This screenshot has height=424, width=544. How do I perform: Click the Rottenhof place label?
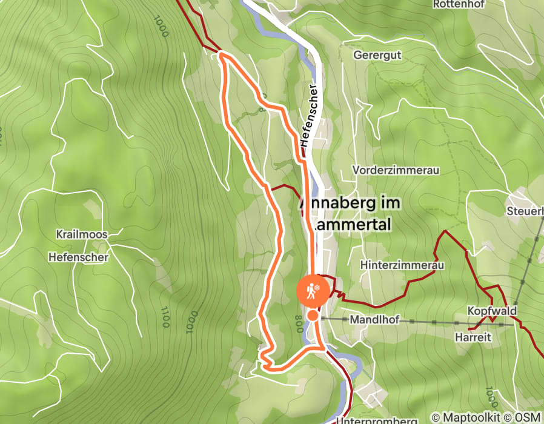(457, 4)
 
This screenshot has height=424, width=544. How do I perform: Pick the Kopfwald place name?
(491, 311)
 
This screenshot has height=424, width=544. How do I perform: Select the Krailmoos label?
(81, 234)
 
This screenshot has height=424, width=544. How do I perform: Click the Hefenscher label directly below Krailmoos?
(78, 257)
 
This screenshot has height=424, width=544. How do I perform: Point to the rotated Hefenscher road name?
(308, 115)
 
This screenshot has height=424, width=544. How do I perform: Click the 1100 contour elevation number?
(164, 317)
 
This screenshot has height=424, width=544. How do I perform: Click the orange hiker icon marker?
(313, 293)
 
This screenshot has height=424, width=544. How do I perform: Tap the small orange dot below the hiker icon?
(313, 315)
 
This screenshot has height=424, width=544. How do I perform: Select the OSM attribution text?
(528, 417)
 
